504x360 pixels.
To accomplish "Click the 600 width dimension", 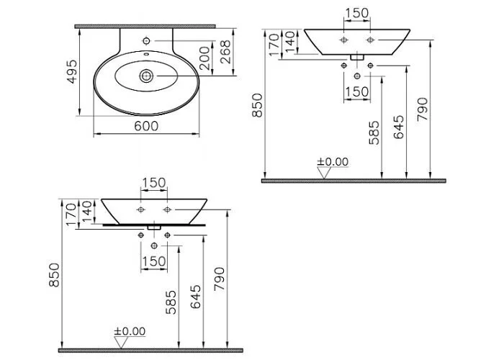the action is (x=146, y=126).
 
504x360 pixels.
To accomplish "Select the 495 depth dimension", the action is (x=73, y=71).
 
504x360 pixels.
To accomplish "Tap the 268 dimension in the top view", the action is (x=225, y=52).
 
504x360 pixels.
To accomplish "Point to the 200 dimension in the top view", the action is (x=204, y=58).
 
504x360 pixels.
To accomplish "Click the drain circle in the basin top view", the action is (x=147, y=76).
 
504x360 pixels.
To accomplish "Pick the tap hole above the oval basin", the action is (x=146, y=41).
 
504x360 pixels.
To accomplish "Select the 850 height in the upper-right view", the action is (x=258, y=105).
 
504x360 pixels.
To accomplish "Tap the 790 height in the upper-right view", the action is (x=423, y=109).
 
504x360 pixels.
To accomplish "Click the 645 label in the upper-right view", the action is (x=399, y=127).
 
